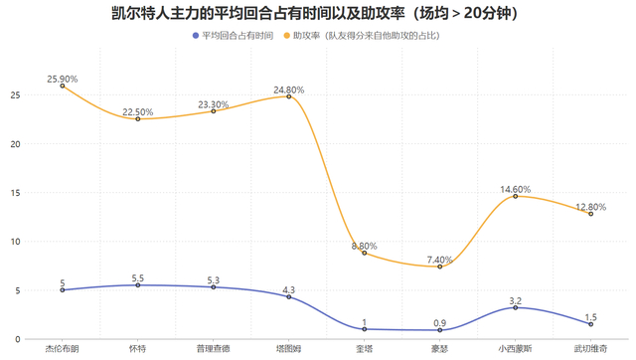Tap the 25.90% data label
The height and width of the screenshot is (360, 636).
pos(62,78)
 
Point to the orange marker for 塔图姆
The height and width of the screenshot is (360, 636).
pos(289,96)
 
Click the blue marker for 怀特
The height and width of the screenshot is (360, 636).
pos(138,285)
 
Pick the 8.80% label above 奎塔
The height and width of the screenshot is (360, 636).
pos(365,245)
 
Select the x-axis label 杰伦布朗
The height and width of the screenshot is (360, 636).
pos(63,349)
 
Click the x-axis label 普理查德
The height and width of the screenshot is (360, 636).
pos(214,349)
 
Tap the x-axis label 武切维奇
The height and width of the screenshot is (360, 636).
pos(591,349)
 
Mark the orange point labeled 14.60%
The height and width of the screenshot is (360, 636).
pos(516,196)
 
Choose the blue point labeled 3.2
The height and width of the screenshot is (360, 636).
pos(516,307)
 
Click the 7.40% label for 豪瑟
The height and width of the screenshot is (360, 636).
pos(440,259)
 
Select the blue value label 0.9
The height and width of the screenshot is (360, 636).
pos(440,321)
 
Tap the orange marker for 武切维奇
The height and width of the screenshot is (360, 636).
pos(591,214)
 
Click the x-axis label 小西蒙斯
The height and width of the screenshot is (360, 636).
pos(516,349)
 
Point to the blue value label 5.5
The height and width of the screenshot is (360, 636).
pos(138,277)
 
